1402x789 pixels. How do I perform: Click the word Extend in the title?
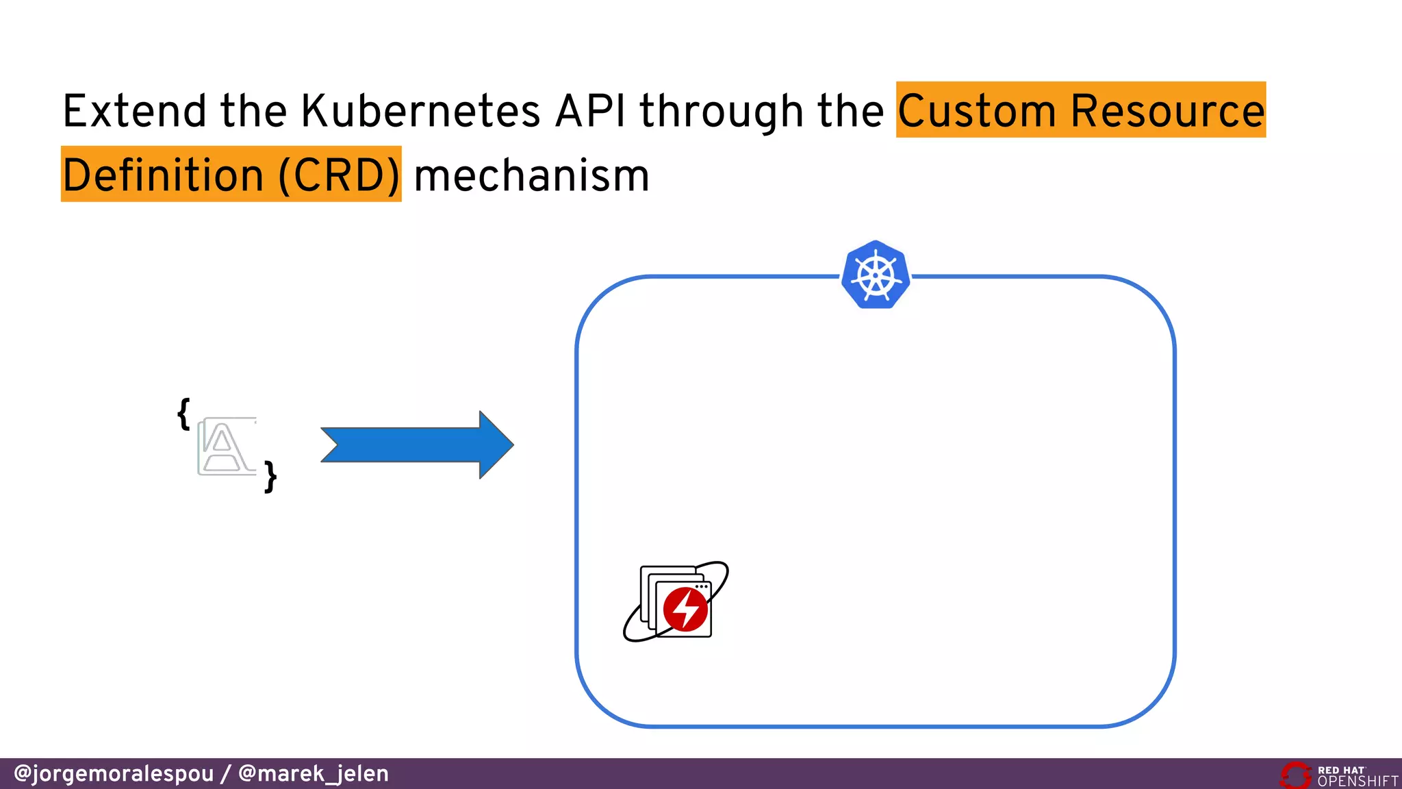pyautogui.click(x=134, y=111)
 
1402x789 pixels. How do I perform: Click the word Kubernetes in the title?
pyautogui.click(x=420, y=111)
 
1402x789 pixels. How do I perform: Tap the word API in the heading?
pyautogui.click(x=590, y=111)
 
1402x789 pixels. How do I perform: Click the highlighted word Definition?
pyautogui.click(x=163, y=175)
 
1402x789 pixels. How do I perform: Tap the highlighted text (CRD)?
pyautogui.click(x=339, y=175)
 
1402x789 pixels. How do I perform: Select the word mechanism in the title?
pyautogui.click(x=531, y=175)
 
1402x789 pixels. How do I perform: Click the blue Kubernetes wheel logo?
pyautogui.click(x=876, y=275)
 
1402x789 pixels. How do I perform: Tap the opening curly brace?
pyautogui.click(x=183, y=414)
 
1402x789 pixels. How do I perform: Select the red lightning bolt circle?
pyautogui.click(x=685, y=608)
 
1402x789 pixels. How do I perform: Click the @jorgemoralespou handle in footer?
pyautogui.click(x=114, y=774)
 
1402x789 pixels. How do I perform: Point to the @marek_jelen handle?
pyautogui.click(x=313, y=774)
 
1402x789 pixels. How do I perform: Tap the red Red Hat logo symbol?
pyautogui.click(x=1295, y=775)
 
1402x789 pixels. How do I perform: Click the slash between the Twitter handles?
pyautogui.click(x=226, y=774)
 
